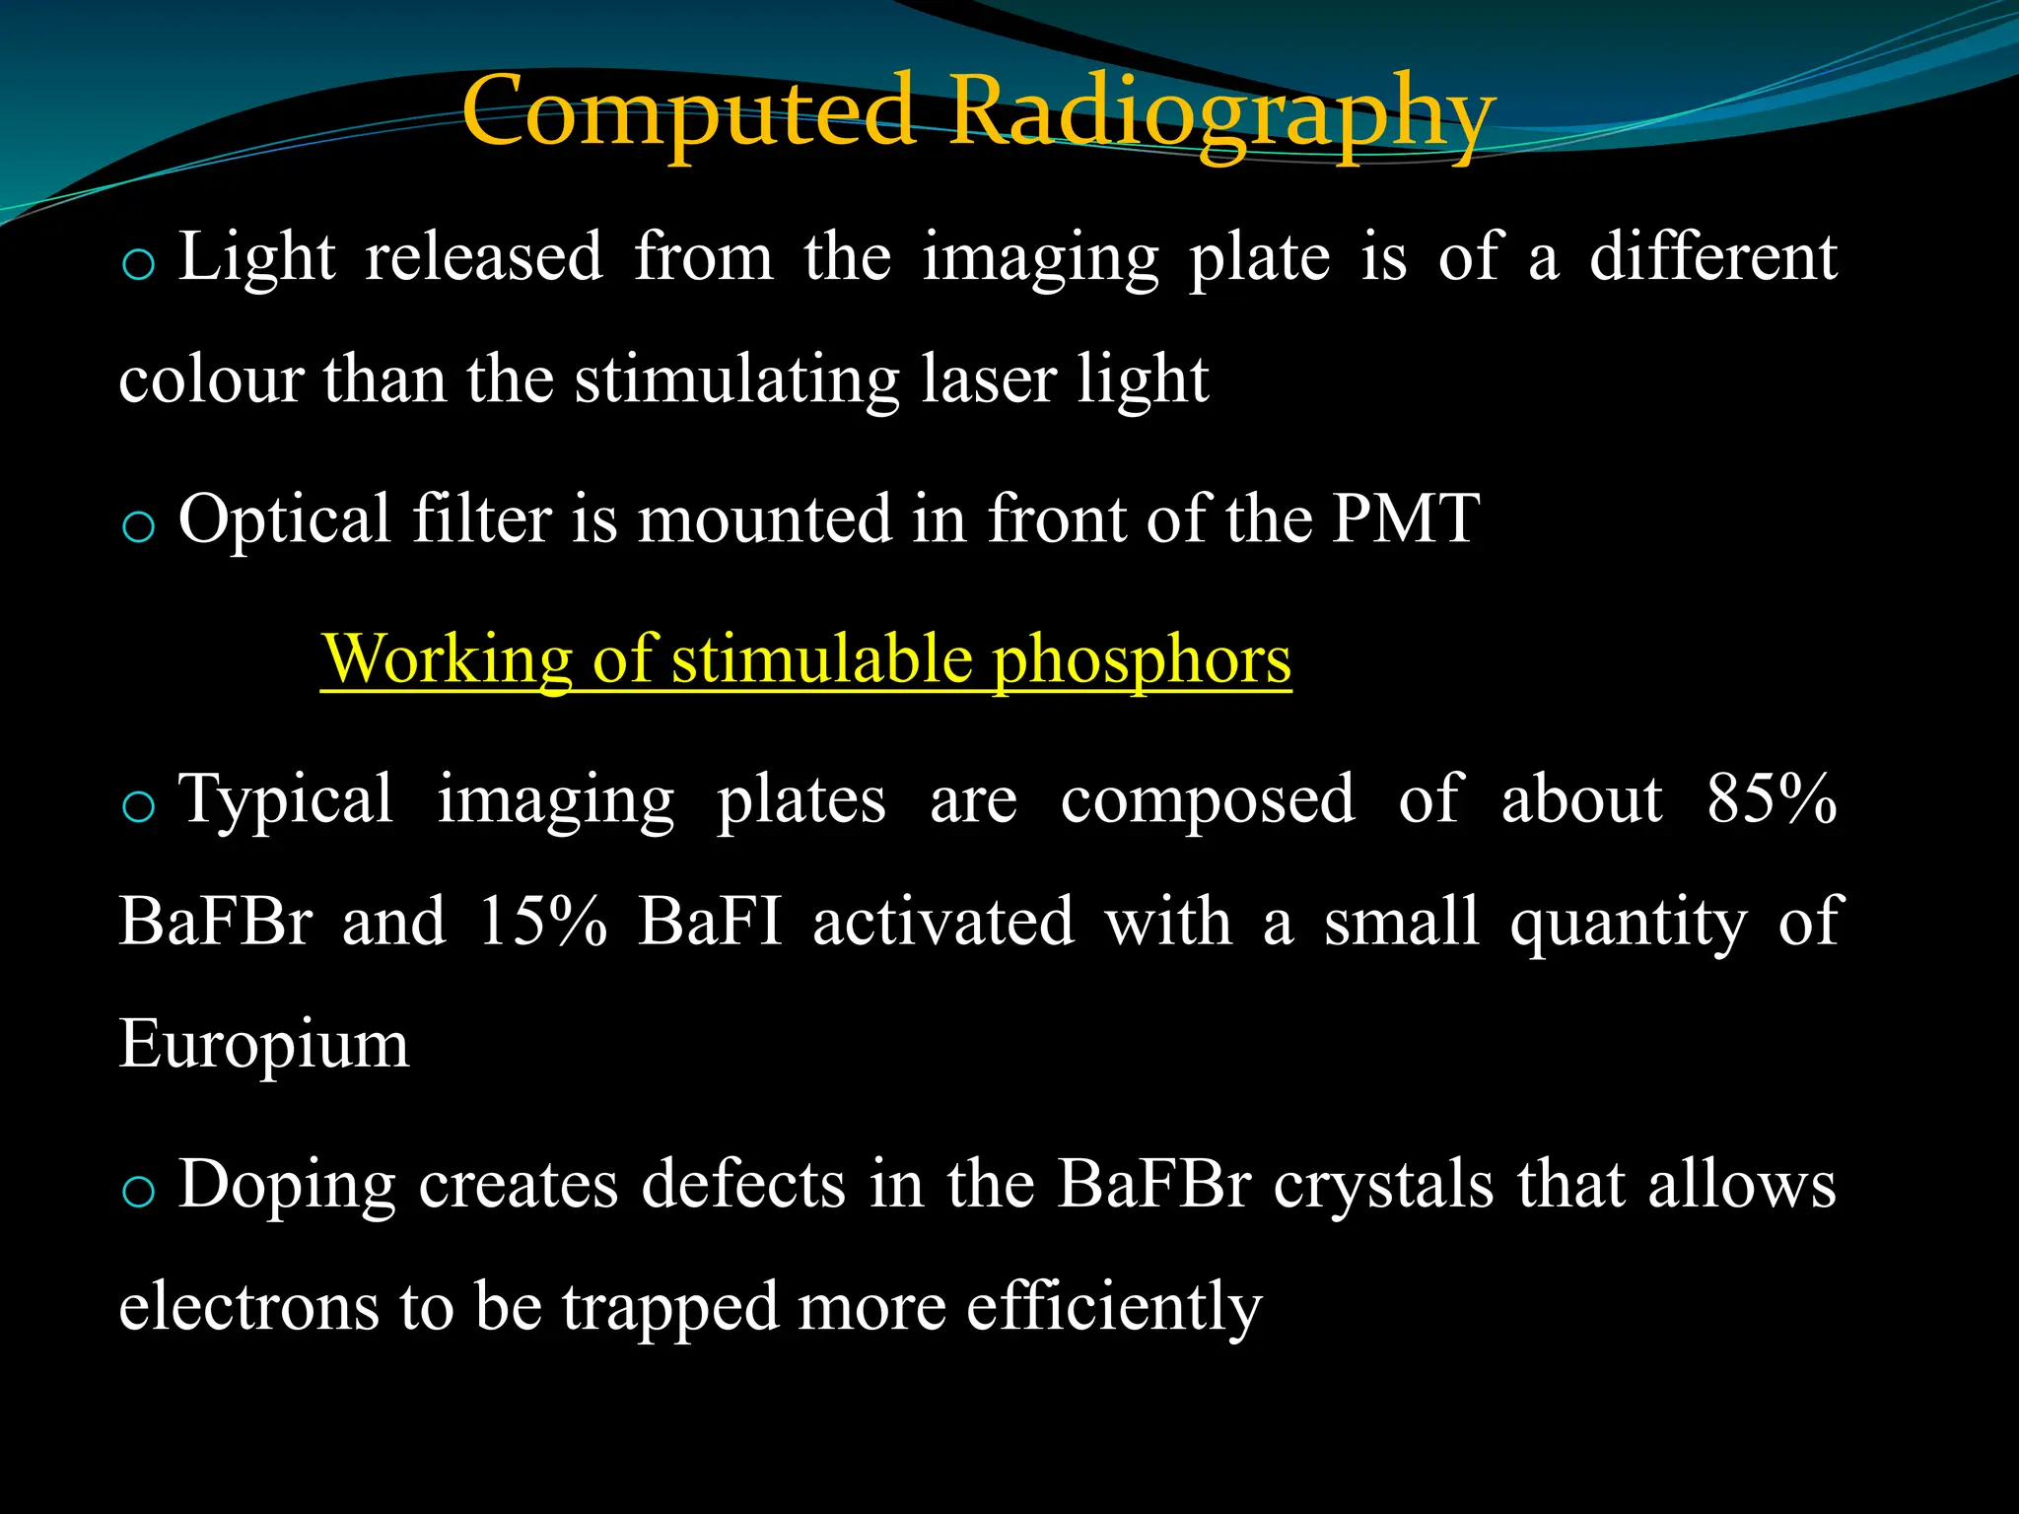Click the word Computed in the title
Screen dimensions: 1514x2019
coord(690,113)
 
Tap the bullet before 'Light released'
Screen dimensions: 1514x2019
coord(138,265)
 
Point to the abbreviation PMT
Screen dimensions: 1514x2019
coord(1405,518)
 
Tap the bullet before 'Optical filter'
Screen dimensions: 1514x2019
coord(138,527)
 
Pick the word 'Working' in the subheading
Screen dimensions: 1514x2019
coord(448,660)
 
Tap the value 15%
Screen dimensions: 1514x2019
coord(541,922)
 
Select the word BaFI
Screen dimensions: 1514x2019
coord(710,922)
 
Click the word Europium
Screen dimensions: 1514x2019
coord(263,1045)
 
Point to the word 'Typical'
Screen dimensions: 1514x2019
coord(286,800)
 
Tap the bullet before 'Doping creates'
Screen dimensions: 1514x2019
coord(138,1192)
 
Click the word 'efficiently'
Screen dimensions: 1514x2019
coord(1113,1309)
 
